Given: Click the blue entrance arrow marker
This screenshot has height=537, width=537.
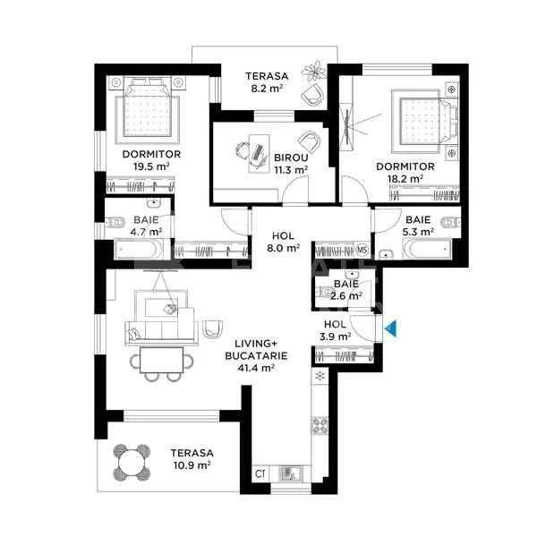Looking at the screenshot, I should pos(390,330).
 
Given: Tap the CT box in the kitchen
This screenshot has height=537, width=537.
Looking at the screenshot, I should pos(260,473).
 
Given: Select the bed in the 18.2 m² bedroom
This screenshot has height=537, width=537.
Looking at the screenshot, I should pos(424,121).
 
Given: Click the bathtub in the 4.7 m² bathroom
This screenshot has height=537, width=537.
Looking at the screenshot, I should pos(142,250).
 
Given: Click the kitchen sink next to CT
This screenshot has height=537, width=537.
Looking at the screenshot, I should pos(290,474).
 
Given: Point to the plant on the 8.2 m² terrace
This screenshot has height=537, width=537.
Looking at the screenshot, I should pos(314,70).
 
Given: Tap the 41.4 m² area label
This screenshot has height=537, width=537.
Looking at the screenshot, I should pos(255,367).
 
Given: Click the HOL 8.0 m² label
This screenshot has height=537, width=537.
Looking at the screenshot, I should pos(285,243).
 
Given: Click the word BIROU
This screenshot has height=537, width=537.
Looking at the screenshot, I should pos(290,158).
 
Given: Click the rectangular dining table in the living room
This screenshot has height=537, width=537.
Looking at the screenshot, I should pos(164,360).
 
